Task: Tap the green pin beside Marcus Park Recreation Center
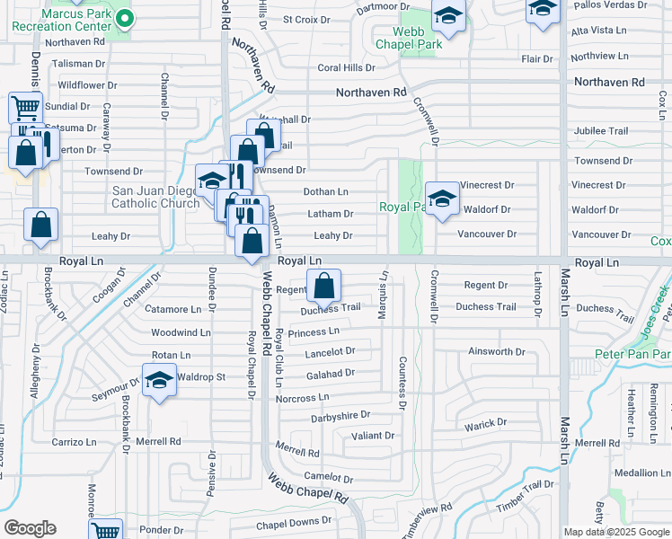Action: tap(126, 16)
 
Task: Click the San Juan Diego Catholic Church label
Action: tap(155, 197)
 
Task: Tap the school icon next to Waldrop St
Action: tap(159, 380)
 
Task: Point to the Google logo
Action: tap(30, 528)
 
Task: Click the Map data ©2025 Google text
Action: tap(616, 532)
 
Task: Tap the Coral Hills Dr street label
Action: tap(345, 67)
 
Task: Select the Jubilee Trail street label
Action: tap(601, 130)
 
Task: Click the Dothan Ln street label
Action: tap(326, 191)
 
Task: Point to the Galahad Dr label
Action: tap(331, 373)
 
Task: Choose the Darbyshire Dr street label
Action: tap(340, 415)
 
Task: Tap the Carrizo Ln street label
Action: tap(74, 442)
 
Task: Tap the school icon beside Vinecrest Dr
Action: tap(442, 199)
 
